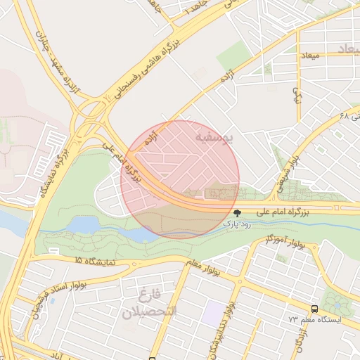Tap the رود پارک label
pyautogui.click(x=238, y=223)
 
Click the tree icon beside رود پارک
pyautogui.click(x=237, y=212)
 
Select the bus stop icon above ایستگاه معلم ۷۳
pyautogui.click(x=314, y=309)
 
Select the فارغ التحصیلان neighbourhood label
pyautogui.click(x=149, y=302)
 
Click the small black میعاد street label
pyautogui.click(x=309, y=55)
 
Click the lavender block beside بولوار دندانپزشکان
pyautogui.click(x=212, y=311)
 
